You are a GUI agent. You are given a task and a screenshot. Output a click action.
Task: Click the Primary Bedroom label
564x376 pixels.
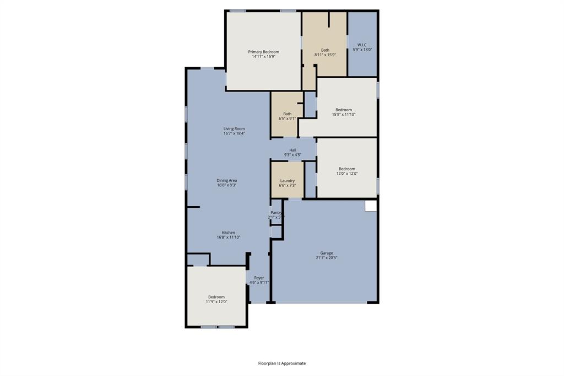coord(263,52)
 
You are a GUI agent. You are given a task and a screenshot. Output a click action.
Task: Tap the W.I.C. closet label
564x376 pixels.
coord(362,45)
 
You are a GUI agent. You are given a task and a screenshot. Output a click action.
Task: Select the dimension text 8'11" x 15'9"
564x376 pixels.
coord(325,55)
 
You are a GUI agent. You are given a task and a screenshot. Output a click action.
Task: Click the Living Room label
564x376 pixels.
coord(234,128)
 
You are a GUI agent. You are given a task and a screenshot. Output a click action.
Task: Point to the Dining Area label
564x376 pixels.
coord(226,180)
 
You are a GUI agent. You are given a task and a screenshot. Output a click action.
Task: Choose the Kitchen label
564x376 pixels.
coord(229,233)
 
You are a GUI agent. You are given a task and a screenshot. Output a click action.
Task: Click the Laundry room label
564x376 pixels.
coord(287,181)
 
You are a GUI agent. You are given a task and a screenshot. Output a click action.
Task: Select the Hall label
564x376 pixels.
coord(292,150)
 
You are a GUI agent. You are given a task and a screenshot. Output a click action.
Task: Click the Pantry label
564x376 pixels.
coord(276,213)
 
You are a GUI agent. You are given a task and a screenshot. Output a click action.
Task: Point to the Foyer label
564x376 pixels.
coord(259,278)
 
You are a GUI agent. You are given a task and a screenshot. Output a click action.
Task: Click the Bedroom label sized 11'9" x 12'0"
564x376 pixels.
coord(216,297)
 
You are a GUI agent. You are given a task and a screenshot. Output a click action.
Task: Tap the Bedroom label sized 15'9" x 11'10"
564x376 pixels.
coord(344,110)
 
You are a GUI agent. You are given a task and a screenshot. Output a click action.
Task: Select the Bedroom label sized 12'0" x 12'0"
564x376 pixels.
coord(347,169)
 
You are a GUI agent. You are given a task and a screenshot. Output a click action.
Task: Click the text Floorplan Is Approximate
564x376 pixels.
coord(282,363)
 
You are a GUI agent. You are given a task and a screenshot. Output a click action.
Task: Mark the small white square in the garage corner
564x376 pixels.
coord(371,206)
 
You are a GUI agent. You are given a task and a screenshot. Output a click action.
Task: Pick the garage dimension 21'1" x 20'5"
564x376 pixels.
coord(327,257)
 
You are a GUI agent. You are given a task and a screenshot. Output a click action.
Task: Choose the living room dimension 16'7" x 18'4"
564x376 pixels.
coord(234,133)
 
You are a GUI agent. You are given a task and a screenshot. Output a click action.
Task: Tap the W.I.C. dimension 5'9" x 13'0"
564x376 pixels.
coord(362,49)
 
